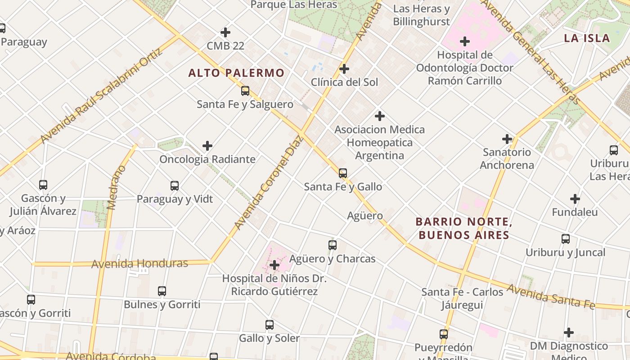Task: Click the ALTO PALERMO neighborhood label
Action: pos(236,73)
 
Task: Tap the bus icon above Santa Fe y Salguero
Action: pos(245,91)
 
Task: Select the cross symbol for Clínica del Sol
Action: pos(344,69)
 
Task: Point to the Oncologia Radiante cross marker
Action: pos(207,146)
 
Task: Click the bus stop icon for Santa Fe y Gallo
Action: pos(343,173)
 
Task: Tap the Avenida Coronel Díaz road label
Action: pos(269,182)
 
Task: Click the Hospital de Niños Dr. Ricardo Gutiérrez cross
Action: pos(274,265)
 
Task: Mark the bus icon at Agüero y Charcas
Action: pos(333,245)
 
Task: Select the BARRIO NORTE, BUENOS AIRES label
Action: pos(464,228)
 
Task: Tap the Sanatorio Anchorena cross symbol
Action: pos(507,139)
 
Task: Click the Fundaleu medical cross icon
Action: pos(575,199)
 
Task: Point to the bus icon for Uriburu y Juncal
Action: pos(566,239)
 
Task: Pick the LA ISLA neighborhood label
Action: pos(587,38)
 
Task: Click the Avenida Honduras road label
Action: pos(139,263)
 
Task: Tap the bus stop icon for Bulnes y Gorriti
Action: pos(162,291)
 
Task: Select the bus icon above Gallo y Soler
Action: pos(270,325)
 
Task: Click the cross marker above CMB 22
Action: pos(225,32)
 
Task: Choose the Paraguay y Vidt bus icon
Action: pos(175,186)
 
